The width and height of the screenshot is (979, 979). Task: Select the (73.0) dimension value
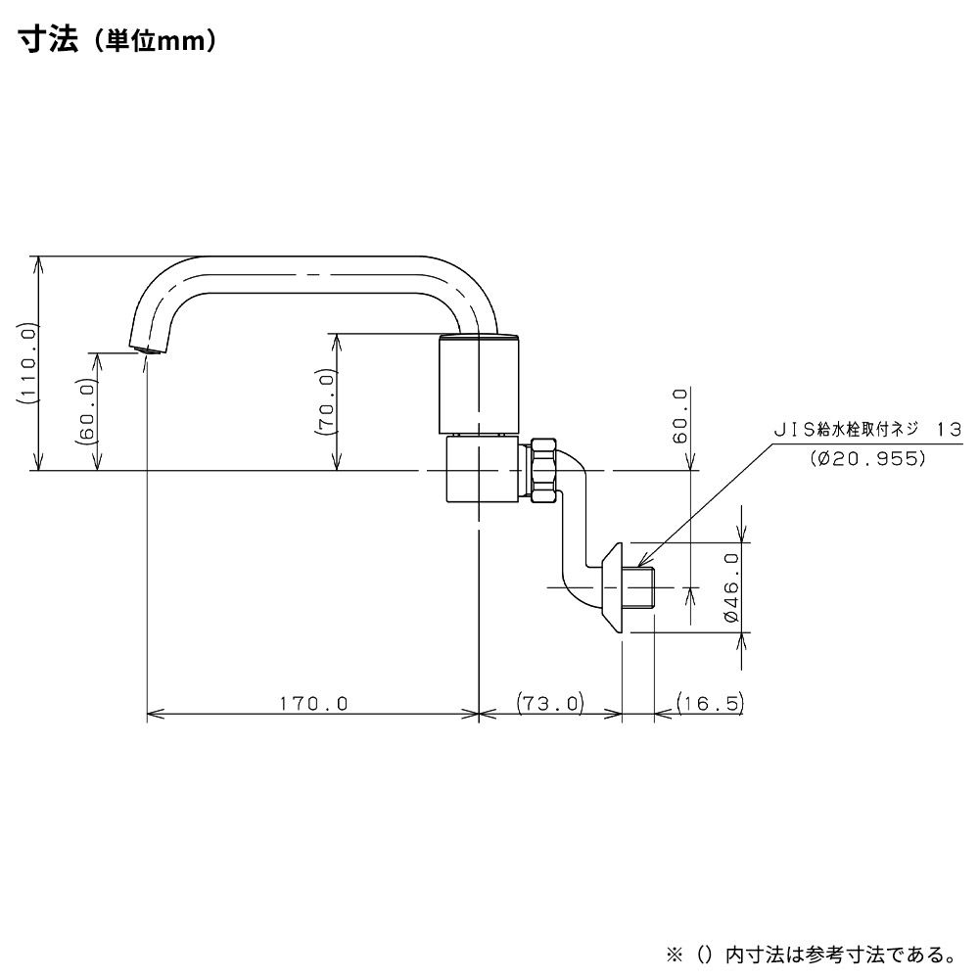(x=549, y=703)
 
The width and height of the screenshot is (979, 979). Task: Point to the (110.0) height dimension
(x=26, y=364)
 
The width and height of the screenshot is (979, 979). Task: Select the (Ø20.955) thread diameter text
(x=867, y=457)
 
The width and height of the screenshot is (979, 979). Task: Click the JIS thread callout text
(x=867, y=430)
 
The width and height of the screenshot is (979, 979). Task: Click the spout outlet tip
(x=146, y=349)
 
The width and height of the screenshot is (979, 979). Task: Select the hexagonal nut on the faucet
(x=544, y=472)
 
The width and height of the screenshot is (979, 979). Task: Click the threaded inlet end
(x=640, y=586)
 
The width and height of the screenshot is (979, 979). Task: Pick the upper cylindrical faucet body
(x=478, y=384)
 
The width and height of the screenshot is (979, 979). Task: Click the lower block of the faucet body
(x=477, y=471)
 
